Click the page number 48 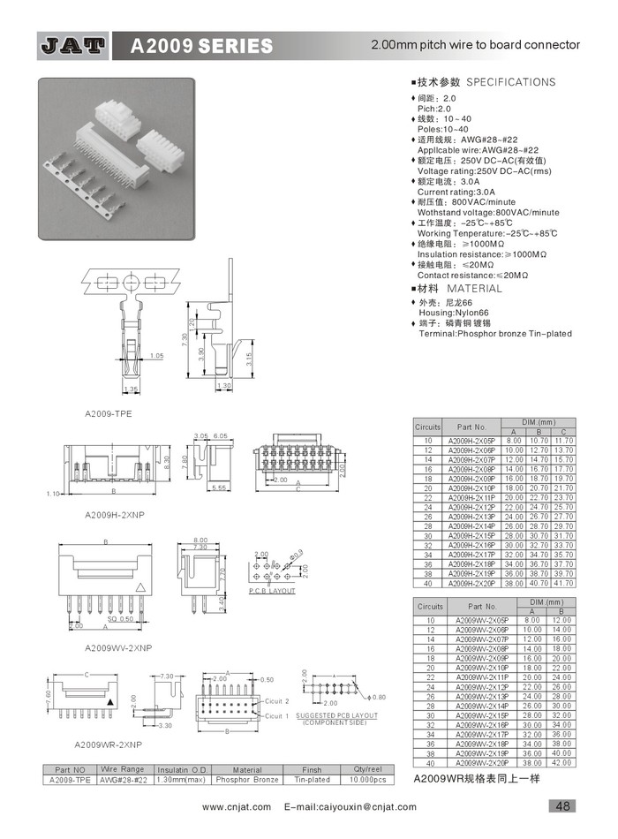(x=561, y=805)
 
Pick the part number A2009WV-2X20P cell (x=482, y=762)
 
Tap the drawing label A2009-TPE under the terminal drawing (x=109, y=413)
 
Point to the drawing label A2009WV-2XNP (x=119, y=647)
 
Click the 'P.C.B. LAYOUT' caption (x=271, y=590)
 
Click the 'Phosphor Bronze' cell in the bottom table (x=247, y=780)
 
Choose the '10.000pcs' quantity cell (x=366, y=780)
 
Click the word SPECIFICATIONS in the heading (x=511, y=82)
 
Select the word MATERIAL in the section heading (x=474, y=289)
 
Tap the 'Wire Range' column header (x=122, y=769)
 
